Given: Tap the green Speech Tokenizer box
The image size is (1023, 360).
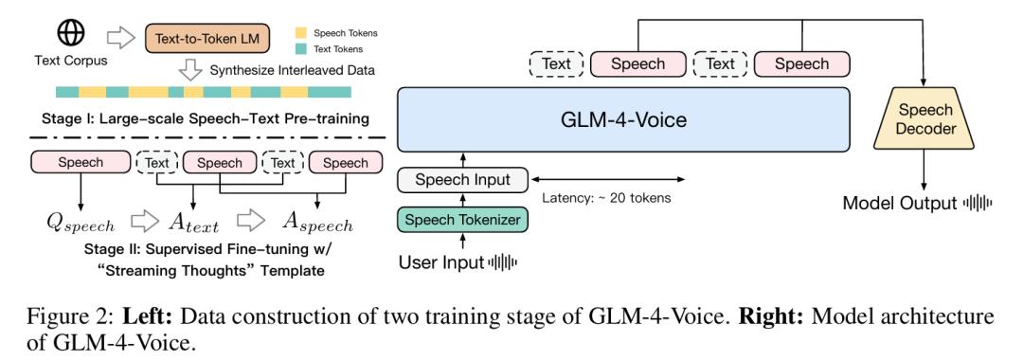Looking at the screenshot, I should (x=464, y=221).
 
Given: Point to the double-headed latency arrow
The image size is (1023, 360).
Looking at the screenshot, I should (x=606, y=179).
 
